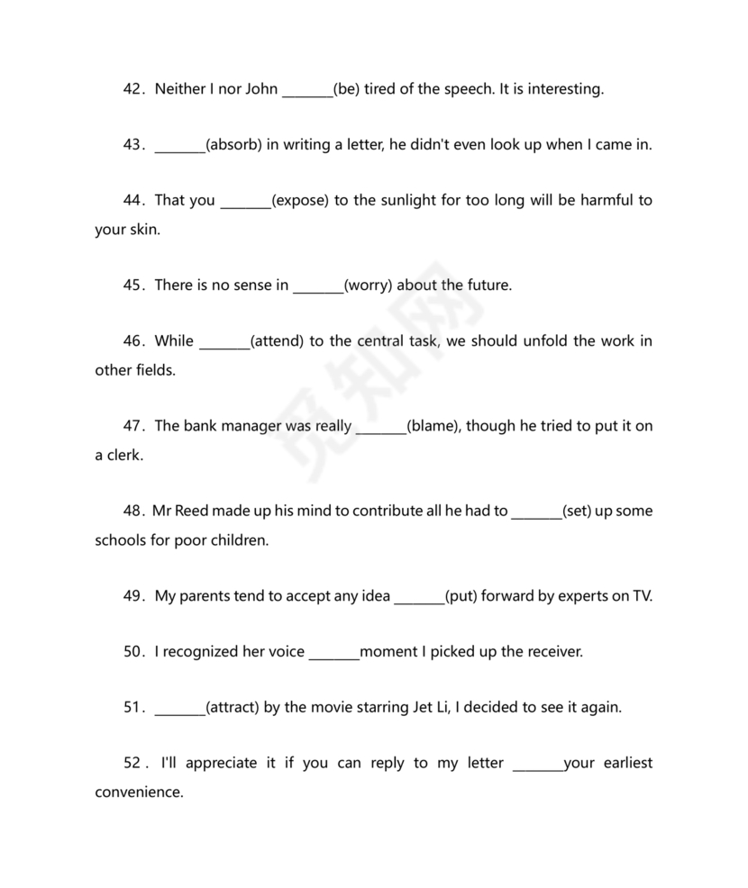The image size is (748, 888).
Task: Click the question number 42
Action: coord(133,89)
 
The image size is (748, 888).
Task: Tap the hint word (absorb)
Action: coord(233,145)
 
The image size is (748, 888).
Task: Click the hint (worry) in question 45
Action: coord(369,285)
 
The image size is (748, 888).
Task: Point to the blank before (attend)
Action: coord(223,341)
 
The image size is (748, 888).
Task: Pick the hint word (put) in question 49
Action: coord(461,595)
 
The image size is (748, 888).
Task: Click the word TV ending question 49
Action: coord(640,595)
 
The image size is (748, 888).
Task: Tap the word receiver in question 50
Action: coord(551,651)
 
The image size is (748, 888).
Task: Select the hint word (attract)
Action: coord(233,707)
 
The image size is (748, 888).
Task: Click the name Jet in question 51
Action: coord(424,707)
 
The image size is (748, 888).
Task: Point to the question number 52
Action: coord(133,763)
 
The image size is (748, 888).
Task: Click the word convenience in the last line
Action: coord(139,793)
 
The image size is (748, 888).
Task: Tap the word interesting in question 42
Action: coord(561,89)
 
